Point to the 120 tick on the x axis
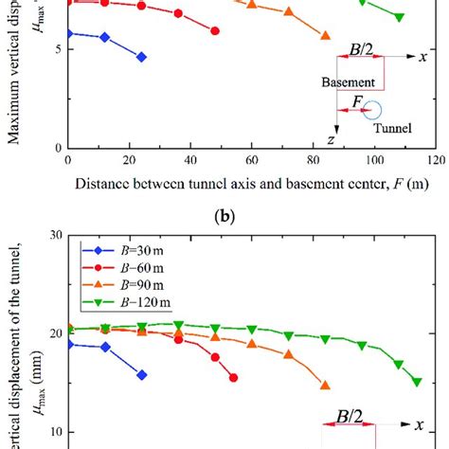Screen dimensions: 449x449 pyautogui.click(x=435, y=162)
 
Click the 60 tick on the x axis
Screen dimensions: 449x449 pyautogui.click(x=251, y=162)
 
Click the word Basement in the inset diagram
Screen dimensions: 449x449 pyautogui.click(x=347, y=82)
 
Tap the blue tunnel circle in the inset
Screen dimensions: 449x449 pyautogui.click(x=374, y=111)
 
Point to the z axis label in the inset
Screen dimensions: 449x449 pyautogui.click(x=331, y=139)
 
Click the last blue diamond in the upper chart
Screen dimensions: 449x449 pyautogui.click(x=141, y=57)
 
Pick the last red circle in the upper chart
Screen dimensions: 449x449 pyautogui.click(x=215, y=31)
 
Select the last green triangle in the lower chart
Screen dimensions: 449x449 pyautogui.click(x=417, y=382)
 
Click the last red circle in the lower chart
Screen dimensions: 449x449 pyautogui.click(x=233, y=377)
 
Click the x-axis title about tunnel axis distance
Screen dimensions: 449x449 pyautogui.click(x=251, y=183)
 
